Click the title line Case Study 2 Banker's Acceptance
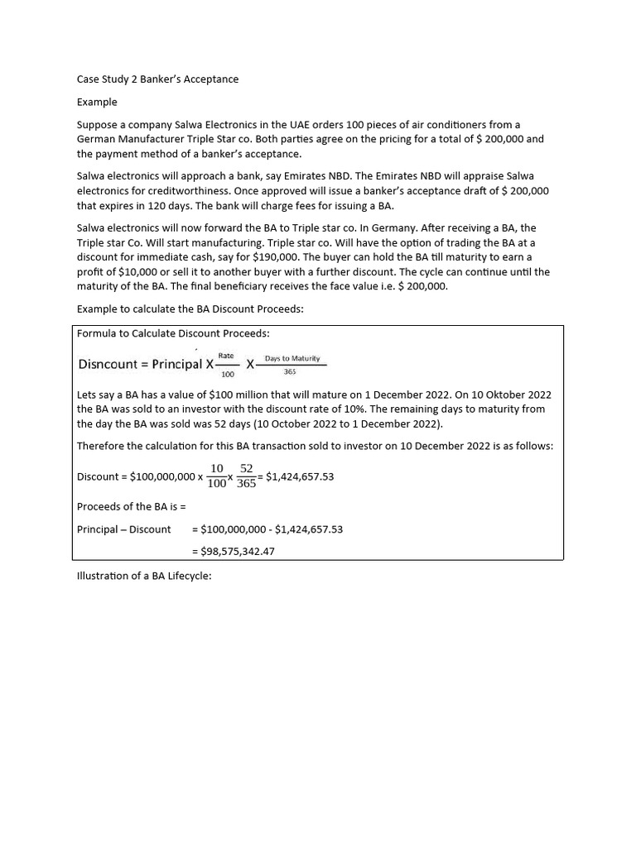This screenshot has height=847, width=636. pyautogui.click(x=157, y=79)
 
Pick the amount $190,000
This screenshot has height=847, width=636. pyautogui.click(x=273, y=257)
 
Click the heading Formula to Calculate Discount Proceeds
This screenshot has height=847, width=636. pyautogui.click(x=173, y=333)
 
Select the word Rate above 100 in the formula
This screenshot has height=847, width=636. pyautogui.click(x=226, y=356)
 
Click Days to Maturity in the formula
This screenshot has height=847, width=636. pyautogui.click(x=291, y=358)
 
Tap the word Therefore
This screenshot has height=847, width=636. pyautogui.click(x=103, y=446)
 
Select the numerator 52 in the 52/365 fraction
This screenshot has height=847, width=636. pyautogui.click(x=246, y=468)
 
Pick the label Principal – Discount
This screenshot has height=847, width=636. pyautogui.click(x=123, y=529)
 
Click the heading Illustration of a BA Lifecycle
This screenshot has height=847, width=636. pyautogui.click(x=144, y=576)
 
